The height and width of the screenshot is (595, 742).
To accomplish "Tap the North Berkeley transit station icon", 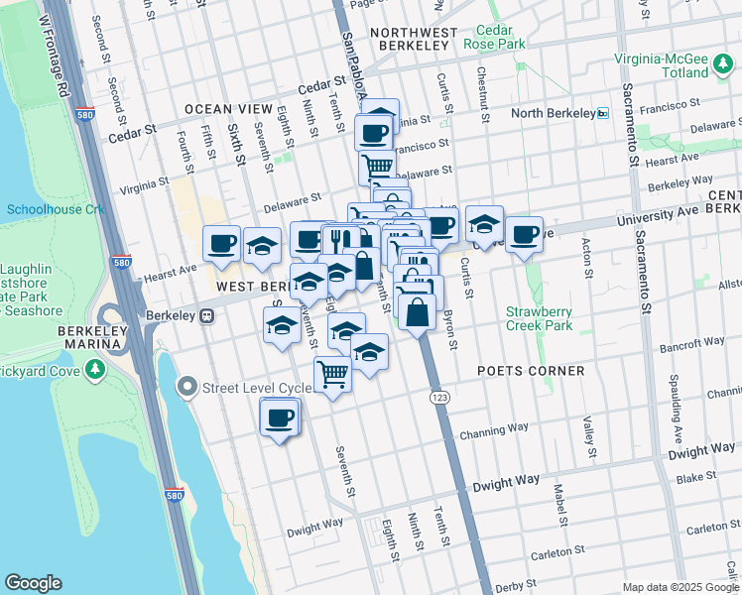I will pyautogui.click(x=601, y=113).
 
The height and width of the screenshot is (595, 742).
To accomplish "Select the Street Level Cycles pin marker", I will pyautogui.click(x=186, y=387).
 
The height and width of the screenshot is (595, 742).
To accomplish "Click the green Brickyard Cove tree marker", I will pyautogui.click(x=95, y=370).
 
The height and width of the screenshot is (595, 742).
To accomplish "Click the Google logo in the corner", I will pyautogui.click(x=33, y=583).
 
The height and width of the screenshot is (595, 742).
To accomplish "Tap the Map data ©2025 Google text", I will pyautogui.click(x=680, y=587).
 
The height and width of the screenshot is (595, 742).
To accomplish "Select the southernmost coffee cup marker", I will pyautogui.click(x=280, y=417).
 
